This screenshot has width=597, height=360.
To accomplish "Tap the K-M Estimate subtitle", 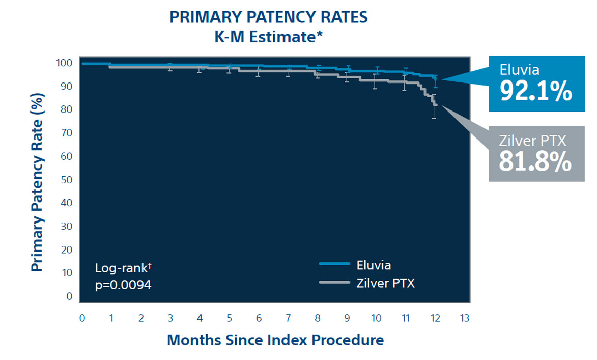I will (268, 37).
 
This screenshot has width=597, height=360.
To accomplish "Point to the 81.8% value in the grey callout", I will (535, 161).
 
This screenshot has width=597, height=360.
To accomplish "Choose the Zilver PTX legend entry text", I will (386, 283).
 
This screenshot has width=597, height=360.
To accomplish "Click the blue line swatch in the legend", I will (334, 264).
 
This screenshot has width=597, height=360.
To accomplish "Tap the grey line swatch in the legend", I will (334, 282).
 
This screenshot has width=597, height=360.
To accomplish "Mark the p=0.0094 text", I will (123, 285).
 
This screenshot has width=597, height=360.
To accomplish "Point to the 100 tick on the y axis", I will (66, 63).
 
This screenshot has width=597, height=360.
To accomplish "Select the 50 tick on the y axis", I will (67, 180).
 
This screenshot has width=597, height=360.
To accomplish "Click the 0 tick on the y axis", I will (70, 296).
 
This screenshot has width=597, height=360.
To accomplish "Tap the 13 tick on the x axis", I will (464, 318).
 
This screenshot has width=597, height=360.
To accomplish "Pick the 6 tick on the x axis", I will (259, 318).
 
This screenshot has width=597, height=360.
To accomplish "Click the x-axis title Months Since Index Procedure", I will (275, 340).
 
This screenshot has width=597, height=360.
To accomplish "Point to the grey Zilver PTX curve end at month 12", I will (435, 104).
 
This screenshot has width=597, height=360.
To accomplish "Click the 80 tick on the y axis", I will (67, 109).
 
